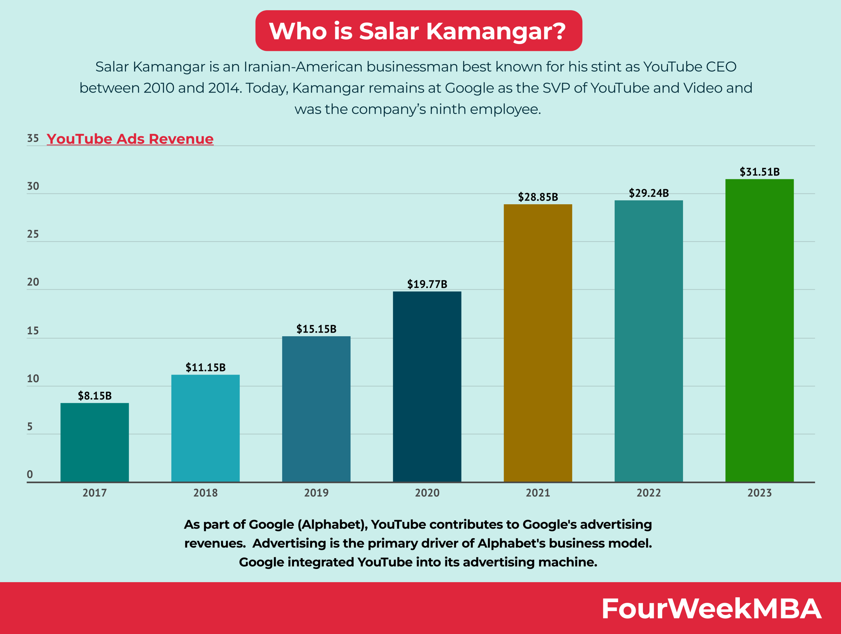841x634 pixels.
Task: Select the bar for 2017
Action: (95, 442)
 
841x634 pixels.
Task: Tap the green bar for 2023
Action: (759, 331)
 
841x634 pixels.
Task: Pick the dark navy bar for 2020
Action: (427, 387)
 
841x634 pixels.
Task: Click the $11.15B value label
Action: (205, 367)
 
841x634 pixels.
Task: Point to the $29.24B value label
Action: (648, 193)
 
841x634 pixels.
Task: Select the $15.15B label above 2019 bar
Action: (316, 329)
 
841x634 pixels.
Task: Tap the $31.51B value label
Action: (759, 172)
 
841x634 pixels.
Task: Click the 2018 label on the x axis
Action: (205, 493)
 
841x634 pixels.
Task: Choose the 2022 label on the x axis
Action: (648, 493)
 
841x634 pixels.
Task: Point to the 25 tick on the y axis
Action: (33, 234)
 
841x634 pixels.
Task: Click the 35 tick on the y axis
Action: (33, 138)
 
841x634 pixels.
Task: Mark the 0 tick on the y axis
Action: (30, 474)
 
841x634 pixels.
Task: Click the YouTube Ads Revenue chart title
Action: (130, 139)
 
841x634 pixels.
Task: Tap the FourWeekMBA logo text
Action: (711, 609)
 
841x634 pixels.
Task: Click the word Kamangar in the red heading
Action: (496, 31)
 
